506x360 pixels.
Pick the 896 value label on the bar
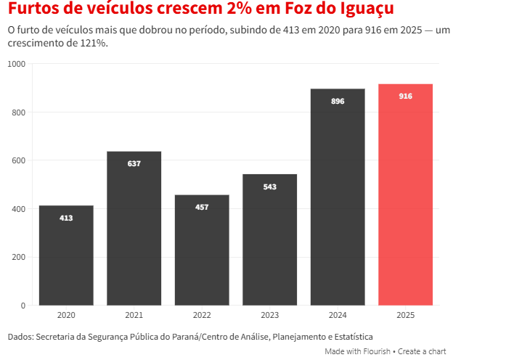pyautogui.click(x=338, y=101)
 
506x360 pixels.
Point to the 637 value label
pyautogui.click(x=134, y=163)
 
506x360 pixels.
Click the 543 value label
pyautogui.click(x=269, y=187)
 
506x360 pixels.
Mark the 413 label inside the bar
pyautogui.click(x=66, y=218)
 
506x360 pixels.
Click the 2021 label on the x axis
pyautogui.click(x=134, y=316)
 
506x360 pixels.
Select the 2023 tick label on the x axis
pyautogui.click(x=269, y=316)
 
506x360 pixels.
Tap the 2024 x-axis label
pyautogui.click(x=338, y=316)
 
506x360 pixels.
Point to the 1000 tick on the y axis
pyautogui.click(x=17, y=64)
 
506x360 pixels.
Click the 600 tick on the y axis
pyautogui.click(x=19, y=160)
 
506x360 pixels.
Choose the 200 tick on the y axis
pyautogui.click(x=19, y=257)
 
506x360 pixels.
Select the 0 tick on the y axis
pyautogui.click(x=23, y=306)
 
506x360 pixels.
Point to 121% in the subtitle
pyautogui.click(x=94, y=44)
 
